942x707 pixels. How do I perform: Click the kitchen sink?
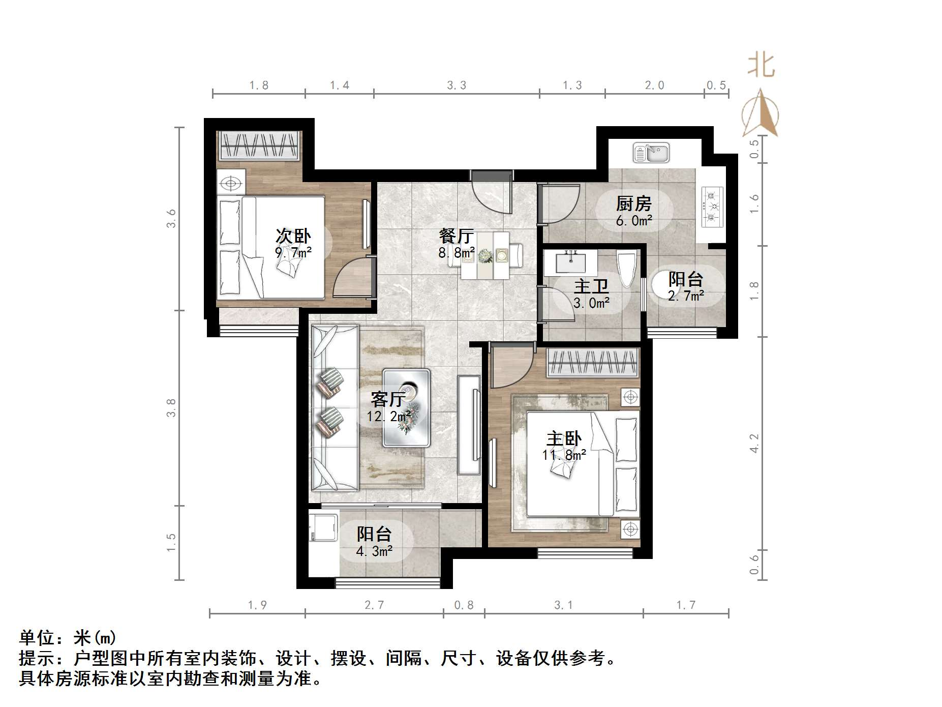pyautogui.click(x=651, y=153)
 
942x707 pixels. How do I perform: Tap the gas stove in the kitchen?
pyautogui.click(x=712, y=207)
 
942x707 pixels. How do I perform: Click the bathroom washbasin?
pyautogui.click(x=570, y=262)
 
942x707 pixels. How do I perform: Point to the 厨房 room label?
pyautogui.click(x=633, y=204)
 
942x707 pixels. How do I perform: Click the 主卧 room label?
pyautogui.click(x=564, y=438)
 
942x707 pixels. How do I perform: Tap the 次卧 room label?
pyautogui.click(x=293, y=236)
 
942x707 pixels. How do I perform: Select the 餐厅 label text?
pyautogui.click(x=457, y=236)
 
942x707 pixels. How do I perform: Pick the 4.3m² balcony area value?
pyautogui.click(x=374, y=551)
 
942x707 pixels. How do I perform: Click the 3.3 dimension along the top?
pyautogui.click(x=457, y=85)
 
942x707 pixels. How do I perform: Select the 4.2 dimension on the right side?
pyautogui.click(x=754, y=443)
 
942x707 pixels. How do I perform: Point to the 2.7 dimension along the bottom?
pyautogui.click(x=374, y=605)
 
